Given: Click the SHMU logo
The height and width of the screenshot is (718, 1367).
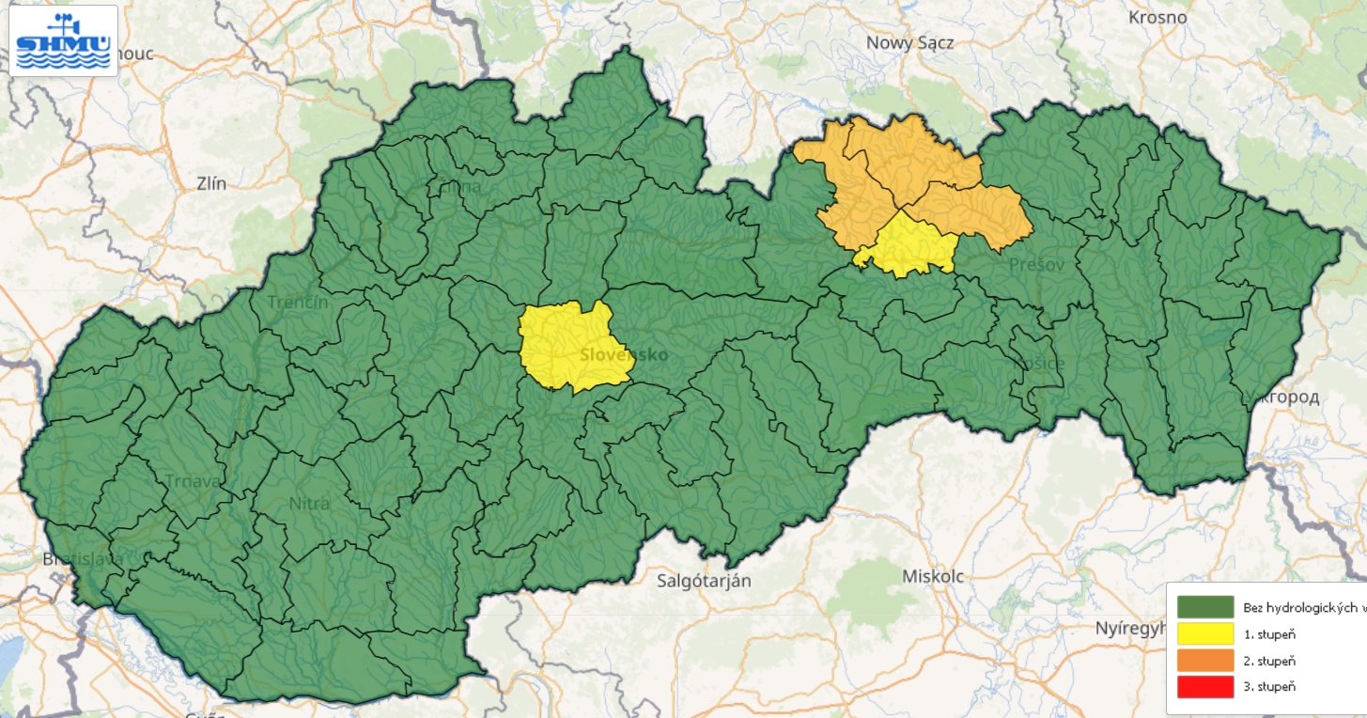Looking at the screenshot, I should [x=63, y=40].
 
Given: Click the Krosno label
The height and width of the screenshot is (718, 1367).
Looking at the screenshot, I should [x=1157, y=18].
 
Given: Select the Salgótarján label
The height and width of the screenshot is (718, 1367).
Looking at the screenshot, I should [x=705, y=580].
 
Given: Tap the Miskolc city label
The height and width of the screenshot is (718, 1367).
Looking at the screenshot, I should [x=932, y=576].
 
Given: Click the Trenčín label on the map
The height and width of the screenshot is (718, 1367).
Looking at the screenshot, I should [x=298, y=302].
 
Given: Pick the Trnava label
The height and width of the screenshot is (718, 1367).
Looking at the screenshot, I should [x=191, y=480].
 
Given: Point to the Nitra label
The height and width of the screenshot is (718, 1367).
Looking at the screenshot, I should [x=309, y=503].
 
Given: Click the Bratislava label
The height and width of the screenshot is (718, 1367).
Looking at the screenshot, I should [x=83, y=559].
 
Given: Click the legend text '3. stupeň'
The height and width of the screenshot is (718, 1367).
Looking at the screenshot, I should [x=1268, y=686].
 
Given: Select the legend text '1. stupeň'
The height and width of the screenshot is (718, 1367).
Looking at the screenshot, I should [x=1268, y=633].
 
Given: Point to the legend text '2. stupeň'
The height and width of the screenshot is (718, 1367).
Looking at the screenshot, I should [x=1268, y=660].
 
